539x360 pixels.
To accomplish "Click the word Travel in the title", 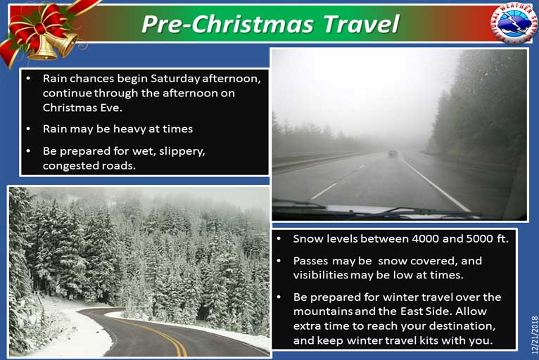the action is (361, 24).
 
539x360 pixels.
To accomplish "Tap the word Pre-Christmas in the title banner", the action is (227, 24).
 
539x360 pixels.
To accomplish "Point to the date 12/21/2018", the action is (534, 335).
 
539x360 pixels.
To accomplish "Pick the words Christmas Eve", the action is (82, 108).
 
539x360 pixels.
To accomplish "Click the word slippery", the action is (181, 151).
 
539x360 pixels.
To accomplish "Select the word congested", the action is (65, 166).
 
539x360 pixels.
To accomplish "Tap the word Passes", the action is (311, 261).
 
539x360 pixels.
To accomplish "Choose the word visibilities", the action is (320, 275).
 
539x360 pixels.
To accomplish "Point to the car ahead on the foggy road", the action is (392, 153).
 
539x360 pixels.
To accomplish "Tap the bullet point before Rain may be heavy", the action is (28, 129).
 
